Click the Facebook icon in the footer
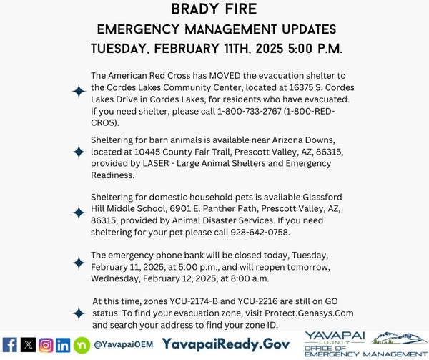point(11,344)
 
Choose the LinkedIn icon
point(64,344)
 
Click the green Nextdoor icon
point(82,344)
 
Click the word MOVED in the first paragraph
point(240,76)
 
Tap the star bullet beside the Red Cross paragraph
point(78,91)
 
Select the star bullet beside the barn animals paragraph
point(78,152)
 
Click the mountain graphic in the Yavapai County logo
point(398,336)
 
